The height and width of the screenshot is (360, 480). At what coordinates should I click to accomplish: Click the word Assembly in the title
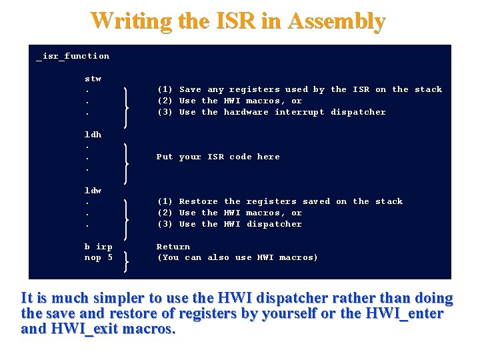(337, 21)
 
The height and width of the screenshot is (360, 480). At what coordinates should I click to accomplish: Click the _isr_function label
(73, 56)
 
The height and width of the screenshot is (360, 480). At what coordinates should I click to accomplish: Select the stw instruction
(93, 79)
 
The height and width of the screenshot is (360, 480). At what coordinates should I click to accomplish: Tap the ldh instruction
(93, 135)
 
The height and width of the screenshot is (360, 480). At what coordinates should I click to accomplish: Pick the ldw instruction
(93, 191)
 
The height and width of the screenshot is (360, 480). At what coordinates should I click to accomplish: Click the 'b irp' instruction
(98, 247)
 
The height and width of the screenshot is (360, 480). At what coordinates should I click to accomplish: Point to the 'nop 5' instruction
(98, 257)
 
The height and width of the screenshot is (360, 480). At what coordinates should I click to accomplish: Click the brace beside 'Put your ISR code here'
(126, 163)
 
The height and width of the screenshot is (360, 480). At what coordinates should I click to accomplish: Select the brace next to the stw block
(126, 107)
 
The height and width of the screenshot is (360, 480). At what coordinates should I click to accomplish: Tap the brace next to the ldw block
(126, 219)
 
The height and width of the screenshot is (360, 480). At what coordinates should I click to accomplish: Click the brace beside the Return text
(126, 258)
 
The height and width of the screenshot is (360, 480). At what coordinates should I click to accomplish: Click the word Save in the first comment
(190, 89)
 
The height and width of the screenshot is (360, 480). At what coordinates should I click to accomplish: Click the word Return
(173, 247)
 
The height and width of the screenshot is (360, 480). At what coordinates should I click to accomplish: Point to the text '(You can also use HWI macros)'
(237, 257)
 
